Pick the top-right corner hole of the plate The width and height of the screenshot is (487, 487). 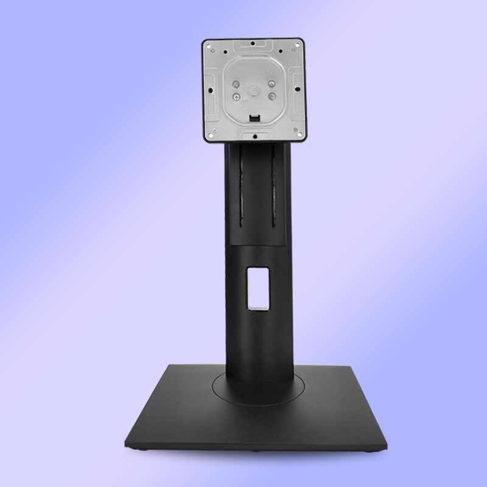pyautogui.click(x=299, y=46)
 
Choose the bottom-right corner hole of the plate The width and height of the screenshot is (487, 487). pyautogui.click(x=298, y=135)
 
